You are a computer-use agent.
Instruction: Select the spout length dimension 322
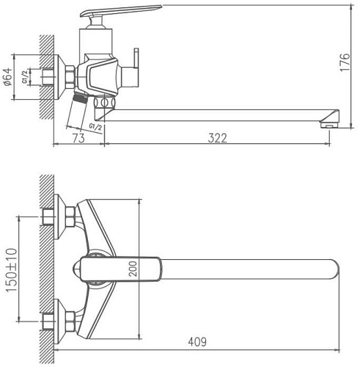(x=216, y=137)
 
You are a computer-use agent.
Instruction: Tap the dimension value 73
(x=76, y=137)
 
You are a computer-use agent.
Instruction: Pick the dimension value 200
(x=133, y=269)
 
